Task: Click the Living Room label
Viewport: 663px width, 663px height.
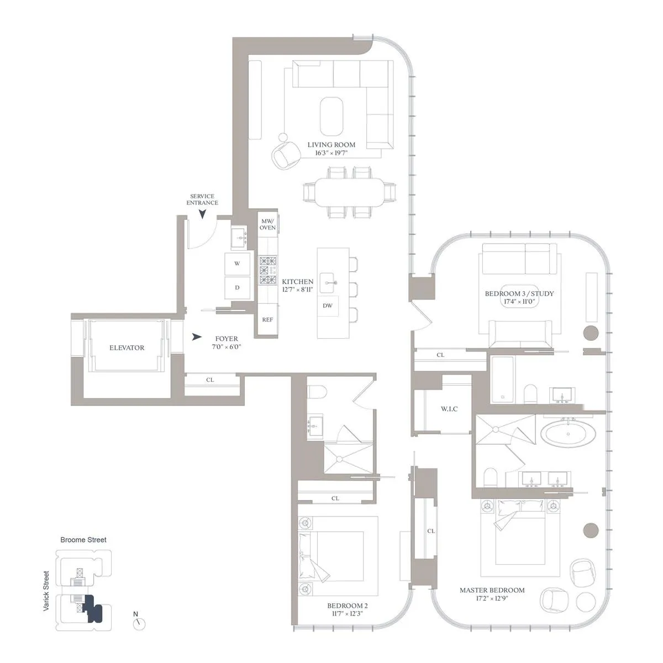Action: [x=331, y=145]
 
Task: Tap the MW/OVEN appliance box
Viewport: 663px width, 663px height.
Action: [x=268, y=224]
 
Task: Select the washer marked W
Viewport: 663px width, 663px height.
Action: [x=237, y=264]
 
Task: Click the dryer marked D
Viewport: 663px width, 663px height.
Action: [x=237, y=287]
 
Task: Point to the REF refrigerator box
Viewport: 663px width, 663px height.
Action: [x=267, y=320]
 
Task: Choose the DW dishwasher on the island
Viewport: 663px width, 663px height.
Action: [x=328, y=306]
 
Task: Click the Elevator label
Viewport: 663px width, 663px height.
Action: [x=127, y=348]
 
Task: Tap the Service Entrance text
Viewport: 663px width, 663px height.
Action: [x=202, y=199]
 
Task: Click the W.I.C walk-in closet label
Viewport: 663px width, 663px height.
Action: [x=449, y=409]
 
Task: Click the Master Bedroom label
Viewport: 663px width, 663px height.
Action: [x=492, y=590]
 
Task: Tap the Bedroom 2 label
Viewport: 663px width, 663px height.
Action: [x=347, y=606]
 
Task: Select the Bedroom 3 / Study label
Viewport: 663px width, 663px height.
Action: [x=519, y=294]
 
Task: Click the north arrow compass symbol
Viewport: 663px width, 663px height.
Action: [x=139, y=623]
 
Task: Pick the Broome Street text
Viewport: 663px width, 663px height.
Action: [x=83, y=539]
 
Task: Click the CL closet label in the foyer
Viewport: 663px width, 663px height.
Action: [x=210, y=380]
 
